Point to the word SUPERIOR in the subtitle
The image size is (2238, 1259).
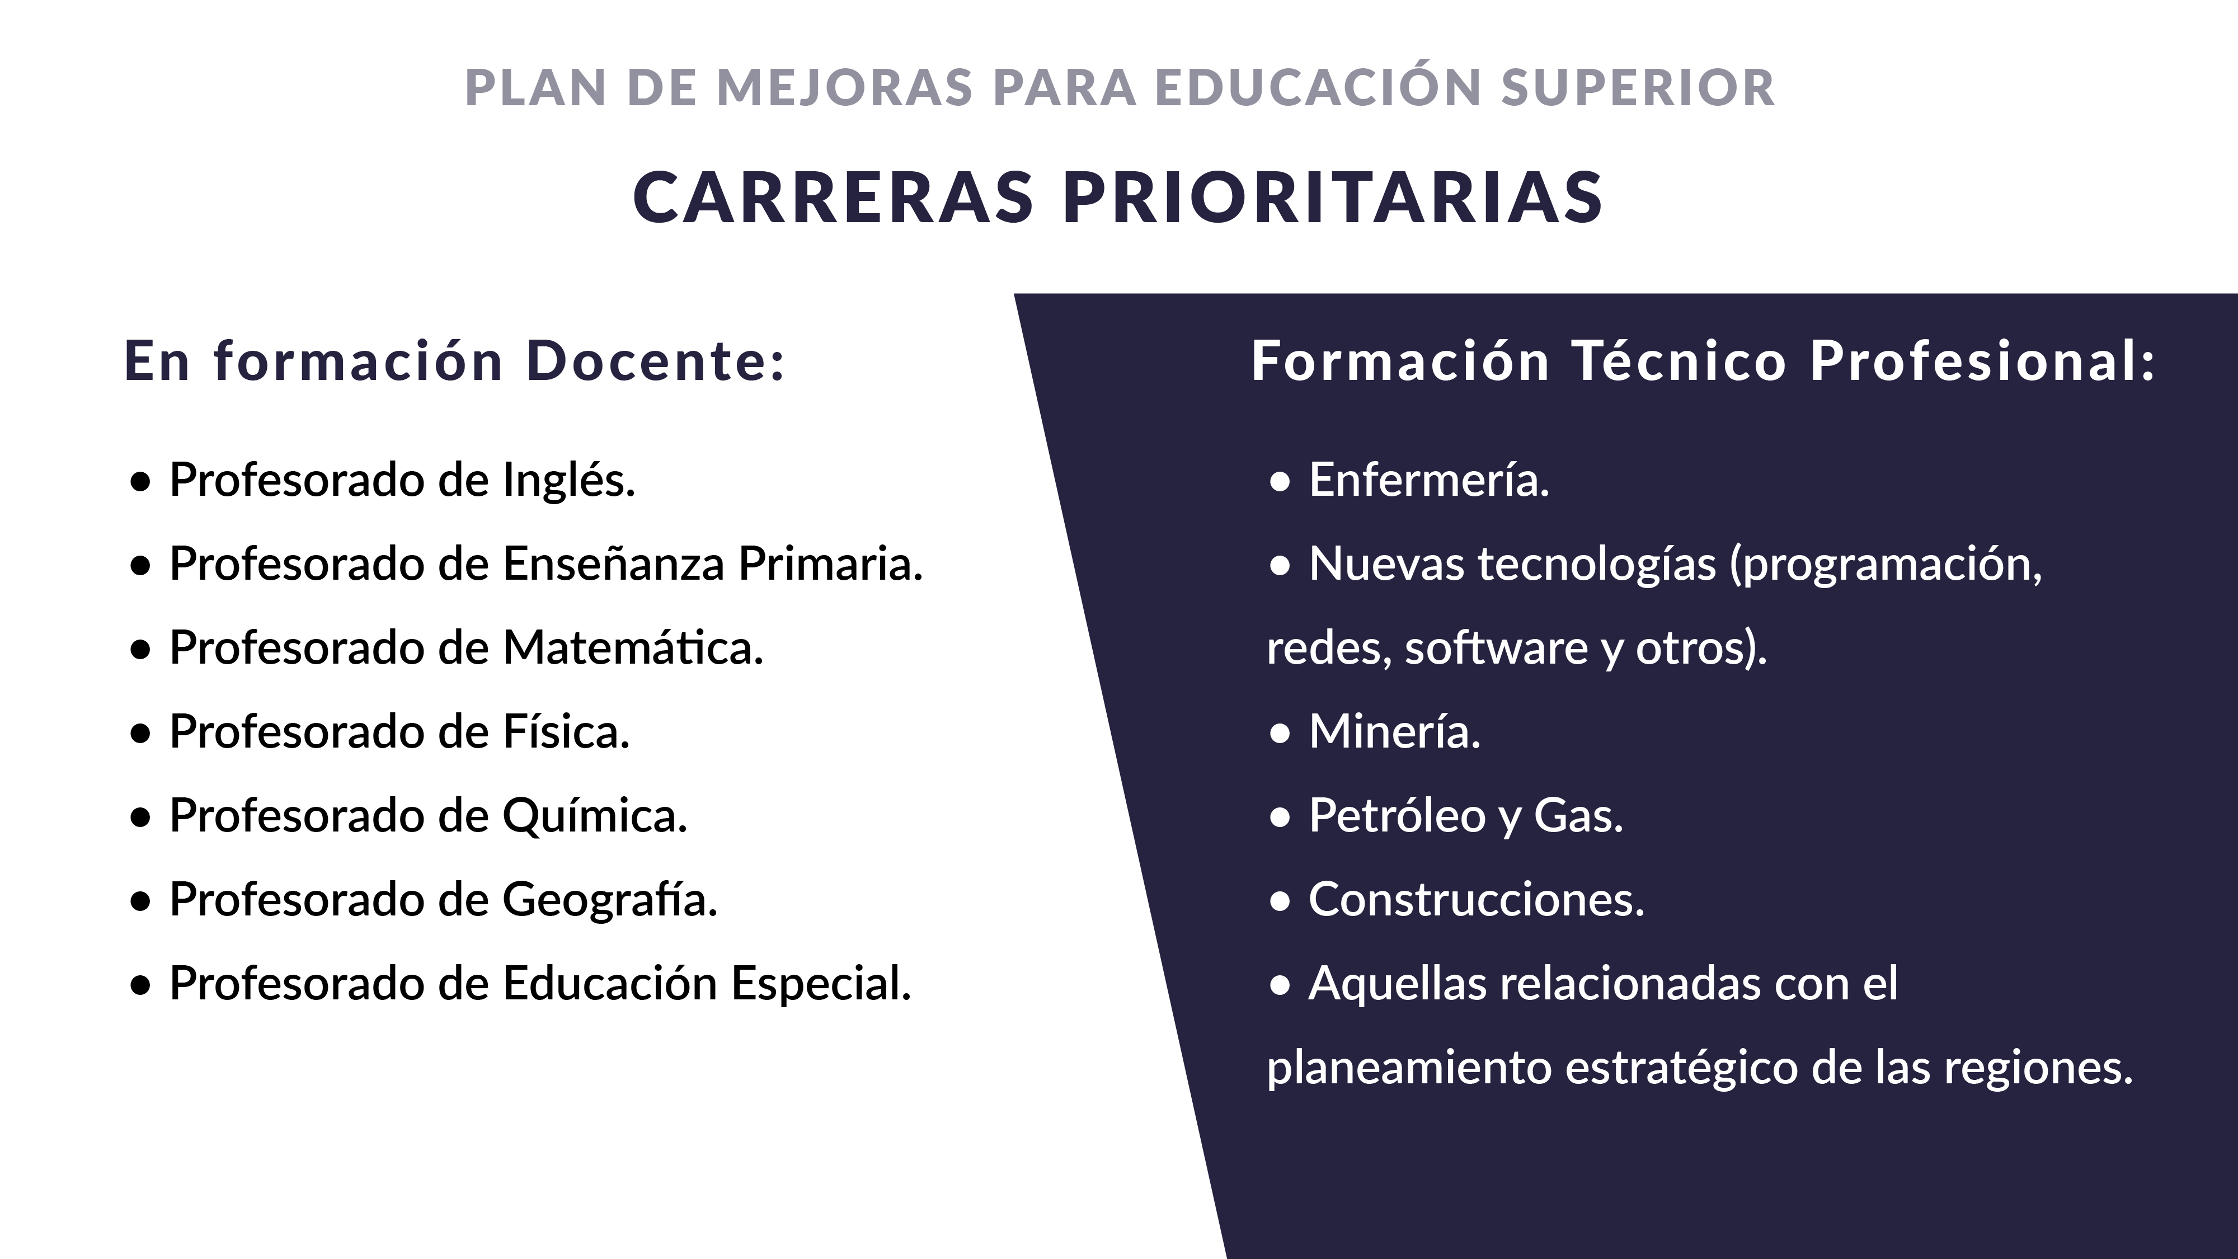(1639, 88)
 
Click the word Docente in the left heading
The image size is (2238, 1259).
(656, 360)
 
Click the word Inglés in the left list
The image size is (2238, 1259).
(569, 481)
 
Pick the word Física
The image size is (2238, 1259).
(566, 731)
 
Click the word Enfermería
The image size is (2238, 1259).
(1429, 481)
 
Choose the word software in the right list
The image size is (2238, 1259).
(1497, 648)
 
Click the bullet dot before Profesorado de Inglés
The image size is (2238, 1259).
(140, 483)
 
